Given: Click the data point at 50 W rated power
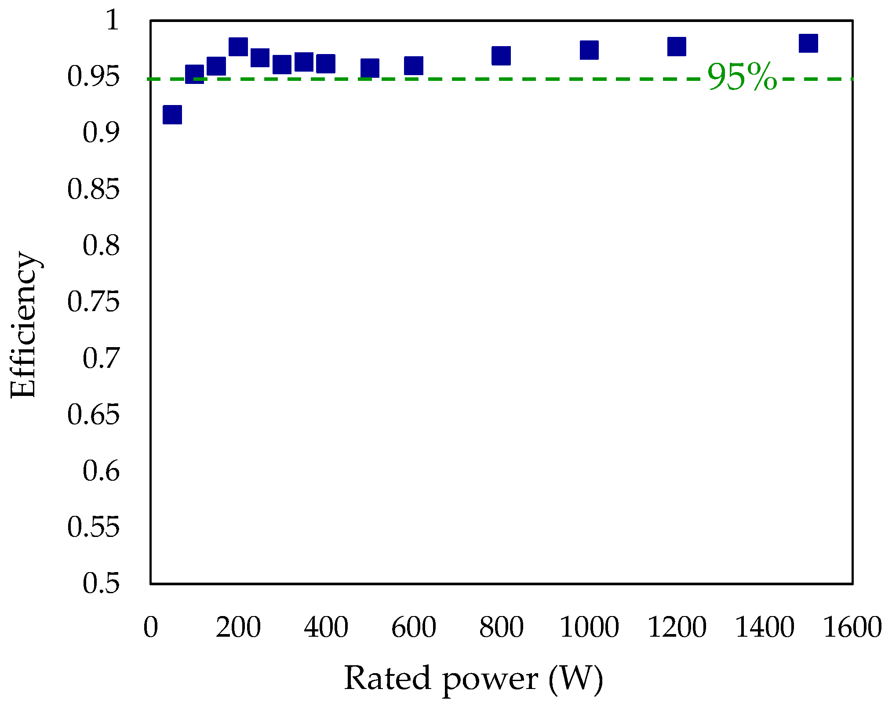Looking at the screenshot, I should tap(172, 115).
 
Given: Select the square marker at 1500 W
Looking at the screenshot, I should tap(808, 43).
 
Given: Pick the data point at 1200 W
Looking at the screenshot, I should tap(677, 47).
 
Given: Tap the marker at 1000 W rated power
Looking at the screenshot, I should tap(589, 50).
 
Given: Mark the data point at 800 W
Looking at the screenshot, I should tap(501, 56).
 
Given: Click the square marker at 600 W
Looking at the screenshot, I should tap(414, 65).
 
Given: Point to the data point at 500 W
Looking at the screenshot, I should tap(370, 68).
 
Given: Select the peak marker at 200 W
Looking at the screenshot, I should tap(238, 47).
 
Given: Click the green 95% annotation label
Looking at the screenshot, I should tap(743, 77).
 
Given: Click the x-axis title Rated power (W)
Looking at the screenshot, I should tap(473, 679).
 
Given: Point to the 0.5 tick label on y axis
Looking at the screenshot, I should tap(101, 584).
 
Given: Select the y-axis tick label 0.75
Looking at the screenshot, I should tap(93, 302).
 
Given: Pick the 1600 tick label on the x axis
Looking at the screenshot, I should tap(852, 627).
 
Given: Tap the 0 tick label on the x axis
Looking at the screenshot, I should tap(151, 627).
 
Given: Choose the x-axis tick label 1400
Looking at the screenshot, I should tap(765, 627).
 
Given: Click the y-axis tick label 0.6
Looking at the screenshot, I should tap(101, 471).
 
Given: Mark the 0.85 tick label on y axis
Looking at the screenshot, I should tap(93, 189).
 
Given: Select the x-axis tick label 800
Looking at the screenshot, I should tap(501, 627).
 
